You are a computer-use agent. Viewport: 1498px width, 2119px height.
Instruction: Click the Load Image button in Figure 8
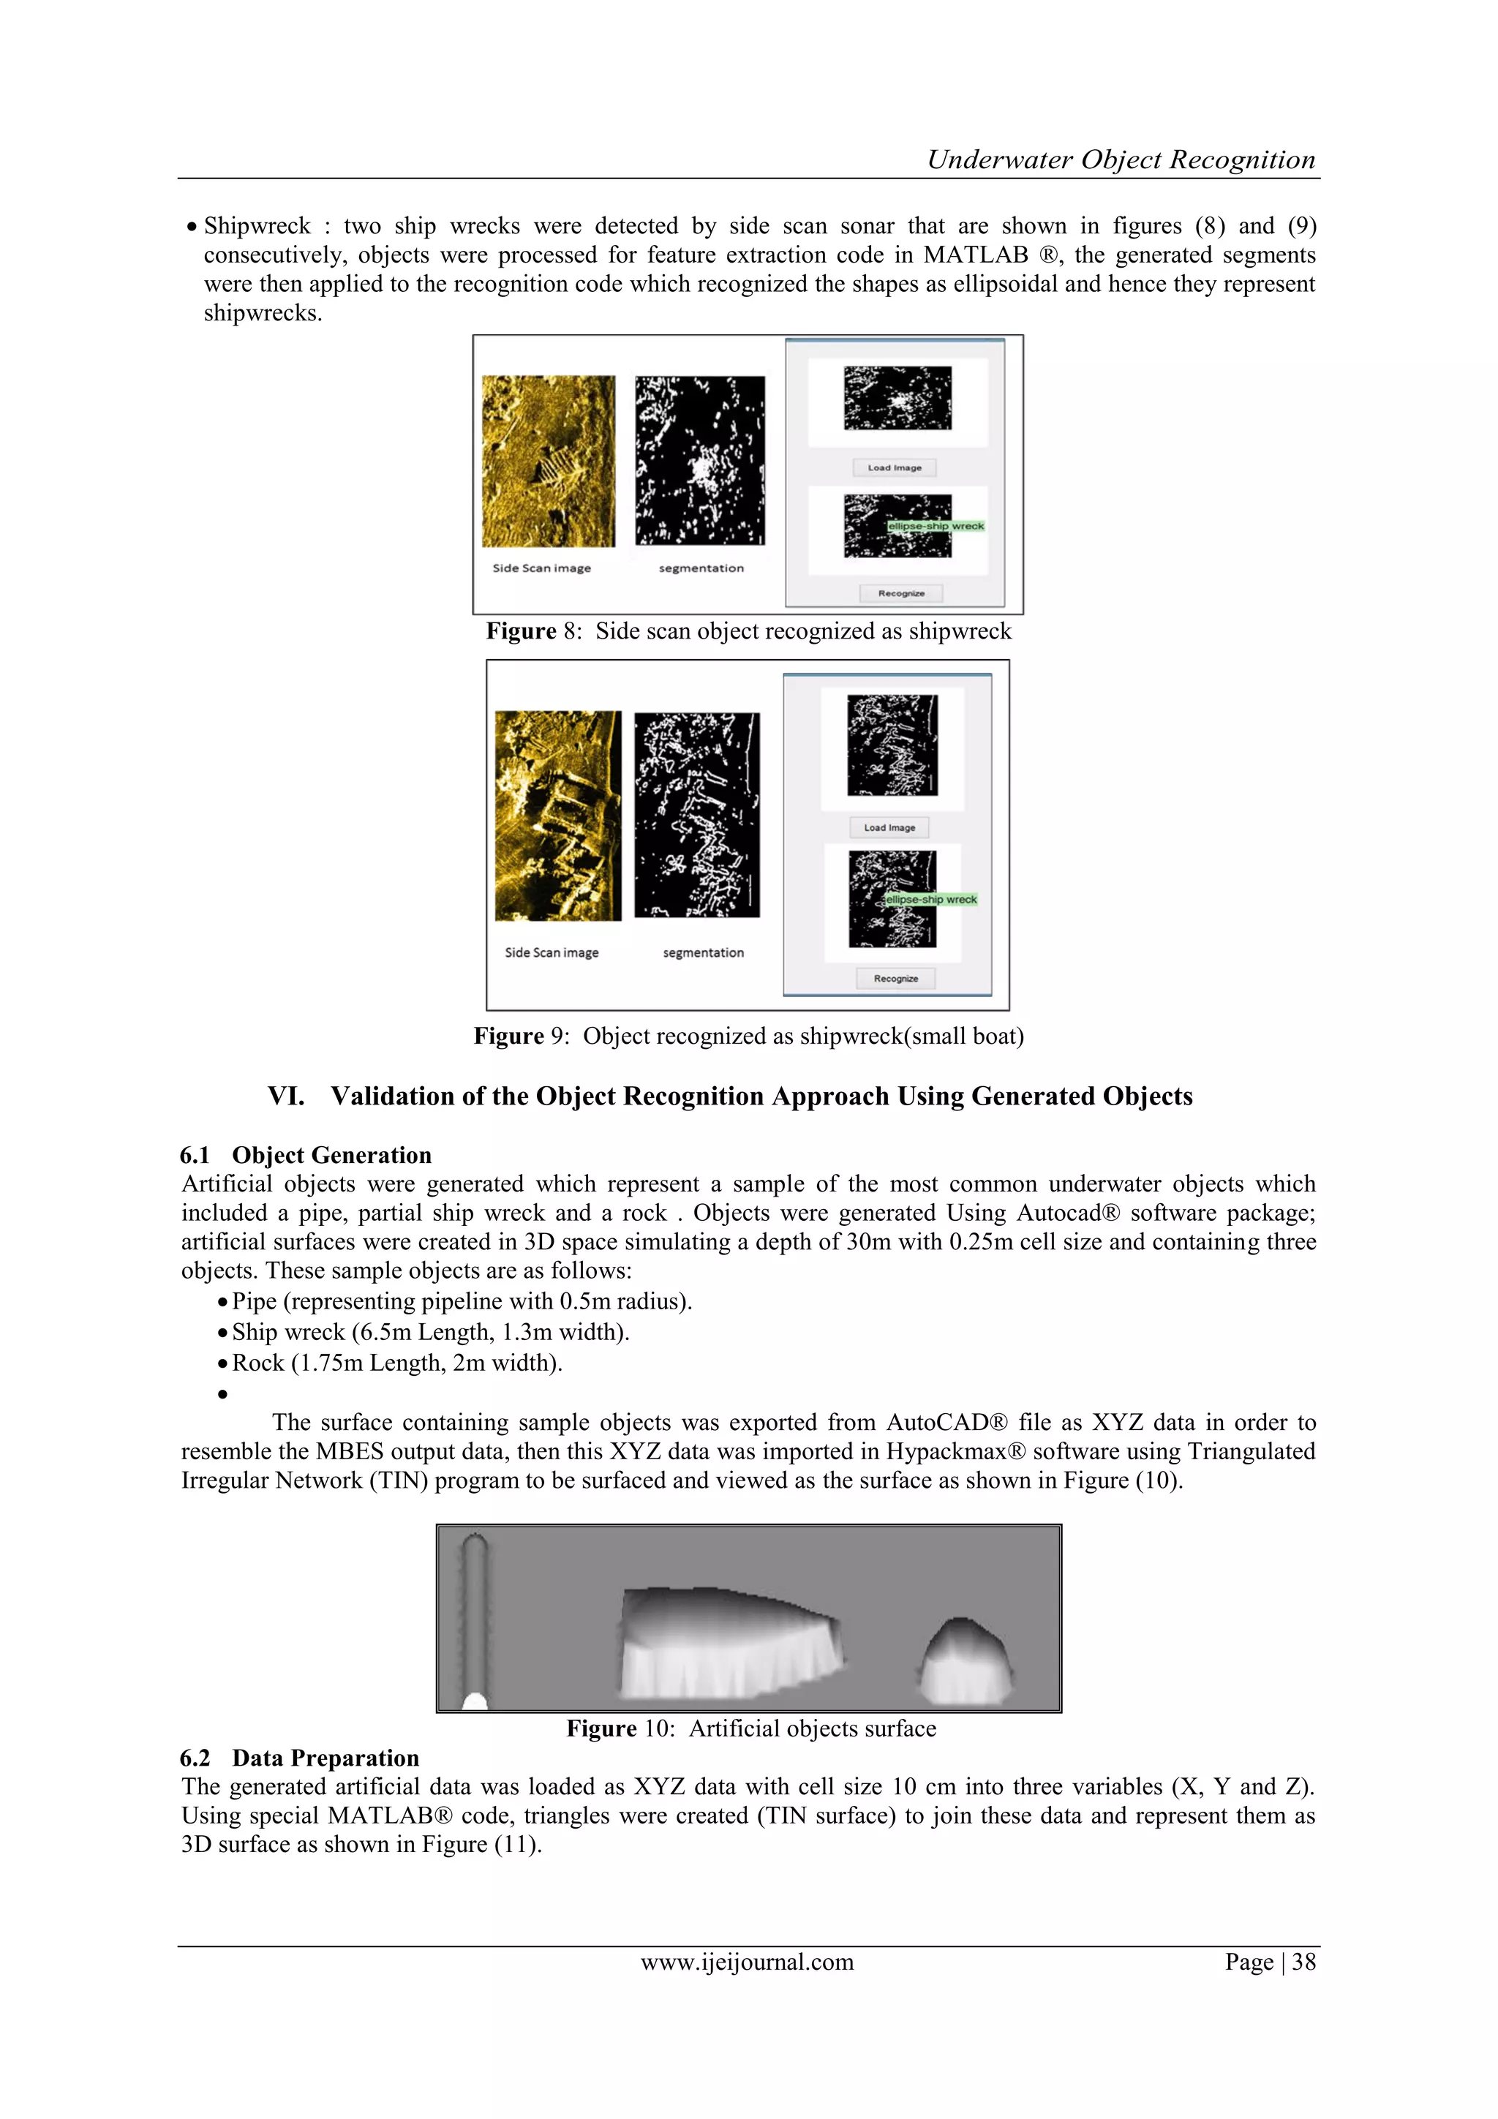(893, 468)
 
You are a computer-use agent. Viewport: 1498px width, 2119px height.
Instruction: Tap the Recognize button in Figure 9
(895, 978)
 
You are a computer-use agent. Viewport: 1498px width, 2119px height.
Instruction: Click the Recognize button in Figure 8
(901, 593)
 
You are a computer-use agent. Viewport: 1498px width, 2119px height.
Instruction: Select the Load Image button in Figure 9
(889, 828)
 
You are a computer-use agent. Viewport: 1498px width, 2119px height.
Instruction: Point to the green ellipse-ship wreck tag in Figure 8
(936, 526)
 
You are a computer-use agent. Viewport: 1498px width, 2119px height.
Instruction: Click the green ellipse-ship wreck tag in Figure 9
(930, 899)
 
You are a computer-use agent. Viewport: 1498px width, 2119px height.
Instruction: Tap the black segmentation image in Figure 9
(697, 814)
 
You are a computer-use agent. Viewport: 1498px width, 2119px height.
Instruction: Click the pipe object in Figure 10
(475, 1619)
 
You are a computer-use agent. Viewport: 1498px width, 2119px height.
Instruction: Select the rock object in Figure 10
(965, 1661)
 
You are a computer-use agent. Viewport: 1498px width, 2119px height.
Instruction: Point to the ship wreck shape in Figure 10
(729, 1643)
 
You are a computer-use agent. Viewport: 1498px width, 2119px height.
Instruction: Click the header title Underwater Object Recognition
(1121, 159)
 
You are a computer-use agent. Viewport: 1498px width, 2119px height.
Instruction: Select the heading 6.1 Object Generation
(306, 1156)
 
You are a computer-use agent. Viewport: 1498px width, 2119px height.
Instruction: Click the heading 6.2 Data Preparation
(300, 1758)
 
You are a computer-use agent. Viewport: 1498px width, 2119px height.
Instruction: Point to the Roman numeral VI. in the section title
(285, 1096)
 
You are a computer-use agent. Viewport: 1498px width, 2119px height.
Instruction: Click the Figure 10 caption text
(750, 1728)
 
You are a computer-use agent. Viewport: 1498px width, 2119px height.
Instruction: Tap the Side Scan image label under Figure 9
(551, 952)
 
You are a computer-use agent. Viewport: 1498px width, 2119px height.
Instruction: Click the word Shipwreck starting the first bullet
(257, 226)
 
